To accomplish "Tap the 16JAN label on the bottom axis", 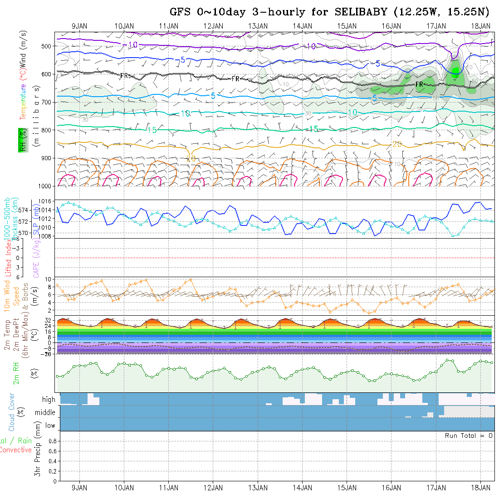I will click(391, 488).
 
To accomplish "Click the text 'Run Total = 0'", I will click(469, 435).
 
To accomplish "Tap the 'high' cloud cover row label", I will click(49, 400).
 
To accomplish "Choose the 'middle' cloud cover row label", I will click(45, 413).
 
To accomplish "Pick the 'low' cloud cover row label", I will click(50, 426).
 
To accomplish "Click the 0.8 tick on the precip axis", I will click(52, 441).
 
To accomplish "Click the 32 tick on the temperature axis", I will click(49, 320).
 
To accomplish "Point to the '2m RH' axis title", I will click(16, 373).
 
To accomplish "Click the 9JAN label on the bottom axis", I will click(80, 488).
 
